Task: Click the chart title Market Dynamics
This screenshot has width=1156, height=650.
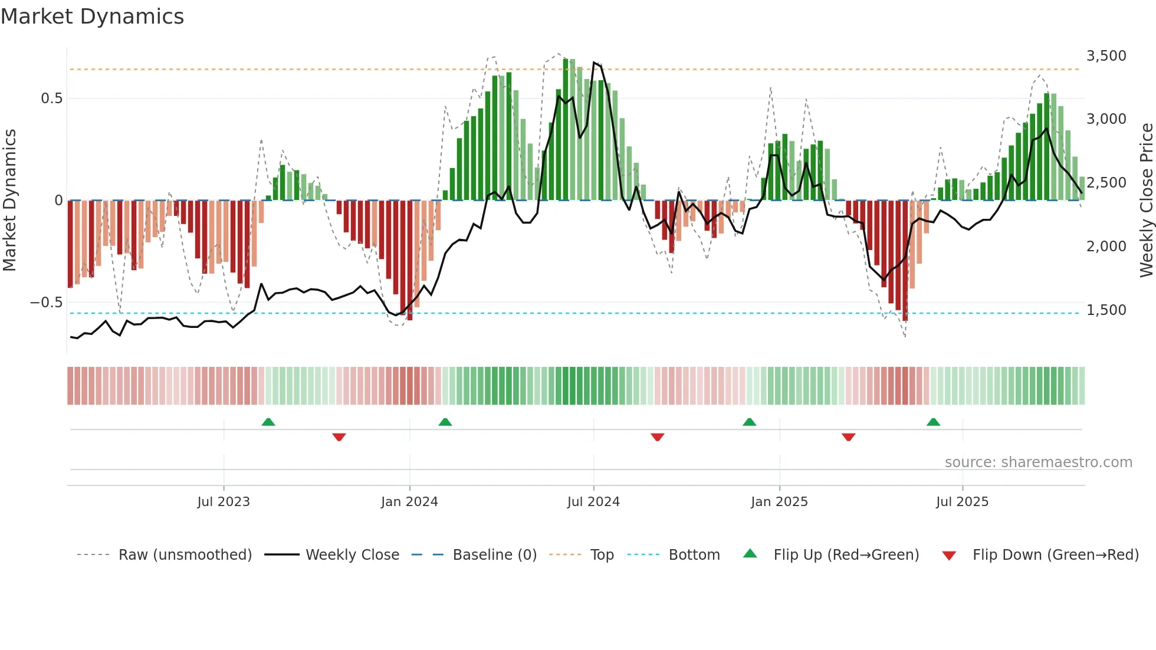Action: (x=92, y=17)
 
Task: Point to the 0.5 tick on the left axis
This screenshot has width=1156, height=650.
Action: (x=52, y=99)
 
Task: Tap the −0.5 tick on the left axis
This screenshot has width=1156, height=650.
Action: (x=47, y=303)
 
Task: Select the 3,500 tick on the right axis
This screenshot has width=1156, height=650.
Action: (x=1106, y=56)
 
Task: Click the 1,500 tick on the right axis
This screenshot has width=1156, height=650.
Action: (x=1106, y=310)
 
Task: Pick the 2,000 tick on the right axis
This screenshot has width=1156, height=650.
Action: (x=1106, y=247)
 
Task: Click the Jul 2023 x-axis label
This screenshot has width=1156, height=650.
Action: (x=224, y=502)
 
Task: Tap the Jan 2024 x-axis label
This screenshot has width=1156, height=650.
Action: (x=409, y=502)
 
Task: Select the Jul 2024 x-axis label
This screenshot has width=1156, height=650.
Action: (x=593, y=502)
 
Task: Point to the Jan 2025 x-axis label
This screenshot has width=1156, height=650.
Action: (x=779, y=502)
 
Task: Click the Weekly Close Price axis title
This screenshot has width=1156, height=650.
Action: (x=1146, y=201)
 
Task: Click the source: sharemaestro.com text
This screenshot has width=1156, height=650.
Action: (x=1038, y=462)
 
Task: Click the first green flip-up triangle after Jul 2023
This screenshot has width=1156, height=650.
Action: (x=268, y=422)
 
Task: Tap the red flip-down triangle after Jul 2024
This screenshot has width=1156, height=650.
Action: (x=658, y=437)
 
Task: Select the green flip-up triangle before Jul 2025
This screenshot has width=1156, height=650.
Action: (x=933, y=422)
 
